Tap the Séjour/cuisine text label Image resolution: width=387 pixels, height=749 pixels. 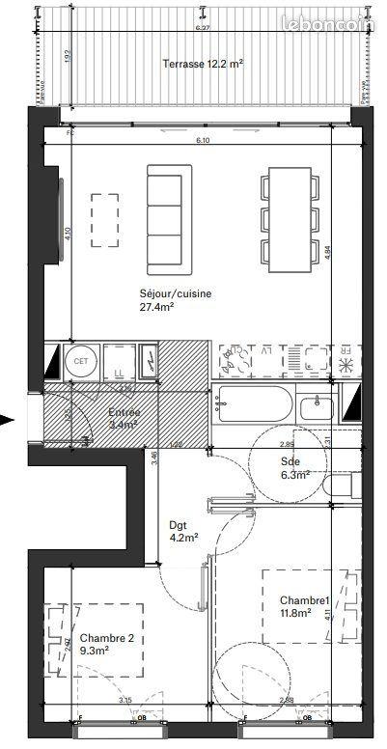tap(176, 294)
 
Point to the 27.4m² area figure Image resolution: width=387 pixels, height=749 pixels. tap(156, 308)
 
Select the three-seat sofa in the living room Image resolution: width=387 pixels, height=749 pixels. tap(170, 217)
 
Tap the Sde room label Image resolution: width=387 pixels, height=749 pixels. tap(290, 462)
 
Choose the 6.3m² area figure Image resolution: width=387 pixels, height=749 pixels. tap(294, 475)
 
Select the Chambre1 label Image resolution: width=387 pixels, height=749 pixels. tap(298, 598)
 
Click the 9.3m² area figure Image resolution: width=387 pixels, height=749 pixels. tap(95, 651)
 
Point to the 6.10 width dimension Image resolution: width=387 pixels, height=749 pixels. tap(203, 141)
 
